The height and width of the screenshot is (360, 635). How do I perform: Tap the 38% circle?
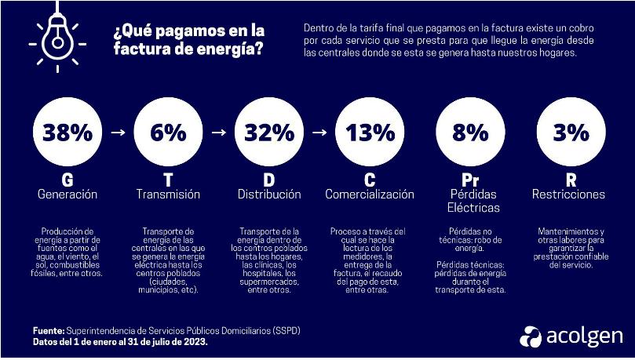(x=67, y=133)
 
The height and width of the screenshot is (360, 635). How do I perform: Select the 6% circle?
(x=167, y=133)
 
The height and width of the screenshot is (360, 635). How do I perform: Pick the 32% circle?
(x=268, y=133)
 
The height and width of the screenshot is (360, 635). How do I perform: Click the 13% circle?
(x=370, y=133)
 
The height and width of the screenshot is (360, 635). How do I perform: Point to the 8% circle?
(x=470, y=133)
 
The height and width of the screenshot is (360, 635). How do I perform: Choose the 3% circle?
(x=571, y=133)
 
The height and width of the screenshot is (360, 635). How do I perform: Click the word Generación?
(x=67, y=195)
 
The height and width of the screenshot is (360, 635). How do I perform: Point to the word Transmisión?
(x=168, y=195)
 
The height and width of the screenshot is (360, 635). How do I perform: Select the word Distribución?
(x=269, y=195)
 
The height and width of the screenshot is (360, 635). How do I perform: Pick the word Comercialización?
(x=370, y=195)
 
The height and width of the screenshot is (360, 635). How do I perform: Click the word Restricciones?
(x=571, y=195)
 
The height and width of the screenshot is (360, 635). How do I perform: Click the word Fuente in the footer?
(x=49, y=330)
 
